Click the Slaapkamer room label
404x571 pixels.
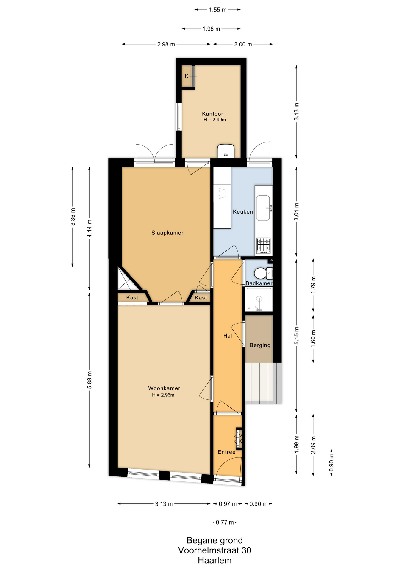167,233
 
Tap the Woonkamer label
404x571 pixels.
164,388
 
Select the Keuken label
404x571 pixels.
243,212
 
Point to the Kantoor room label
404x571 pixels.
212,114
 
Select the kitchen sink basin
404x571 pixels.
263,208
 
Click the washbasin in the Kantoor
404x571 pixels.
226,151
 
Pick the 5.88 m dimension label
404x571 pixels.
90,380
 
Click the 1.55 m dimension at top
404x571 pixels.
217,10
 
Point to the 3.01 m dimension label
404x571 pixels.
296,212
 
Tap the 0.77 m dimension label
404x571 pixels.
225,522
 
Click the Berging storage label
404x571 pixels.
260,345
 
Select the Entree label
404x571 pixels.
226,452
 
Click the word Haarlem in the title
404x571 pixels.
214,561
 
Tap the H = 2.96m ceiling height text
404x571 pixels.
163,395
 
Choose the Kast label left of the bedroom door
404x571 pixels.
132,298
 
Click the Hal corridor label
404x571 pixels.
228,336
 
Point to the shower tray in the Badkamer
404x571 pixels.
259,299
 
